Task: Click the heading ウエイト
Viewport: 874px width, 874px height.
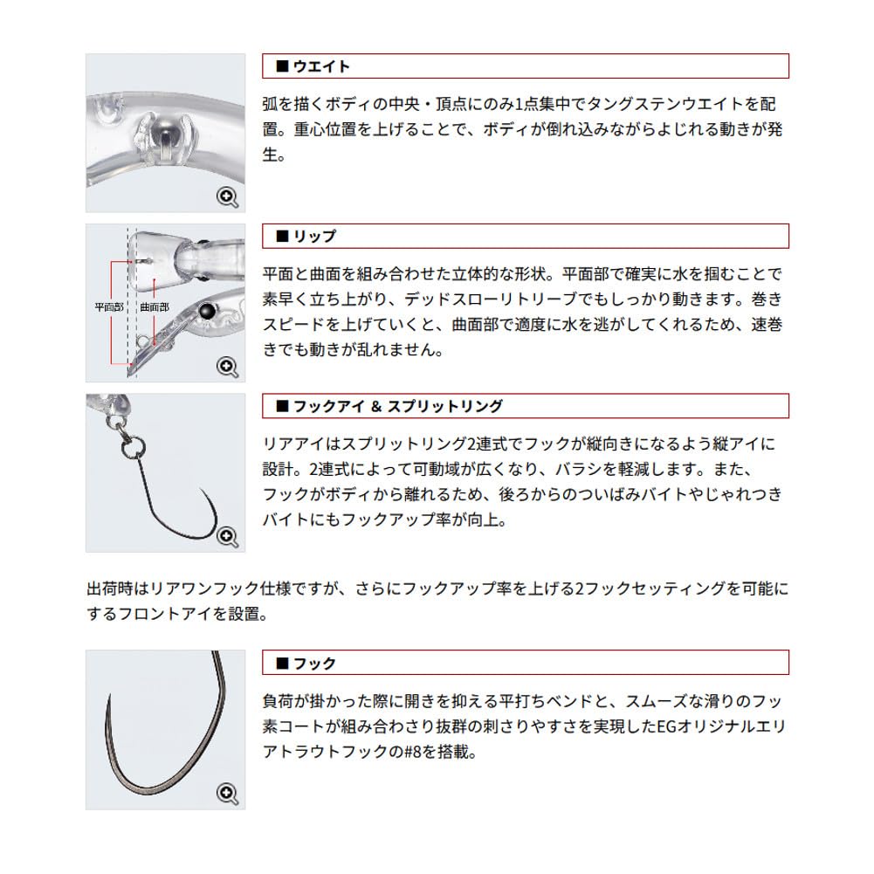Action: tap(321, 66)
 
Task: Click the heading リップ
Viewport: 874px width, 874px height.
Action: tap(314, 237)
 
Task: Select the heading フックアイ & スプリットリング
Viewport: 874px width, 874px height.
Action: tap(397, 406)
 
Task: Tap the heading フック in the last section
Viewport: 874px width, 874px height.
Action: tap(314, 664)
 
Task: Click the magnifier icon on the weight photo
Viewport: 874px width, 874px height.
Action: tap(227, 197)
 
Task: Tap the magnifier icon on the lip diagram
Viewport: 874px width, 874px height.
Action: tap(227, 368)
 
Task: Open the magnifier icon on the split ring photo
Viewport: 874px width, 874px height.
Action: tap(227, 537)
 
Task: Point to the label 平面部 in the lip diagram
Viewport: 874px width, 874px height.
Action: tap(109, 306)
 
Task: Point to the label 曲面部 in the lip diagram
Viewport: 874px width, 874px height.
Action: tap(155, 306)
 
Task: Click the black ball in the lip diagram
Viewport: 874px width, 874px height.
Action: tap(208, 312)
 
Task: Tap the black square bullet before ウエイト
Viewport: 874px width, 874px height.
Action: tap(282, 66)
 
